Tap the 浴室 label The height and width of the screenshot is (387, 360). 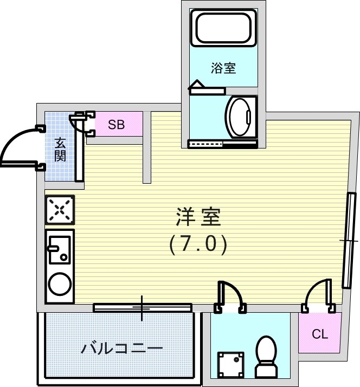coord(223,68)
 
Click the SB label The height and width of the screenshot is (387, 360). coord(116,125)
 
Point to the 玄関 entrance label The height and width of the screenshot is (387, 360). coord(60,150)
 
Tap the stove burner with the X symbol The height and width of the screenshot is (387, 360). coord(60,210)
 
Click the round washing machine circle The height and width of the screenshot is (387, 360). coord(60,283)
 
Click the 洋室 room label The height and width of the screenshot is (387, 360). coord(197,217)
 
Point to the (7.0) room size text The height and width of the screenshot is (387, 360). coord(197,245)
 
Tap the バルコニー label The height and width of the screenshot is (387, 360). coord(122,348)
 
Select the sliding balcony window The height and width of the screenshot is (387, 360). coord(143,307)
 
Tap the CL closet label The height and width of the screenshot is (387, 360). coord(320,334)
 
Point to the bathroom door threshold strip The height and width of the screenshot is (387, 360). coord(223,144)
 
